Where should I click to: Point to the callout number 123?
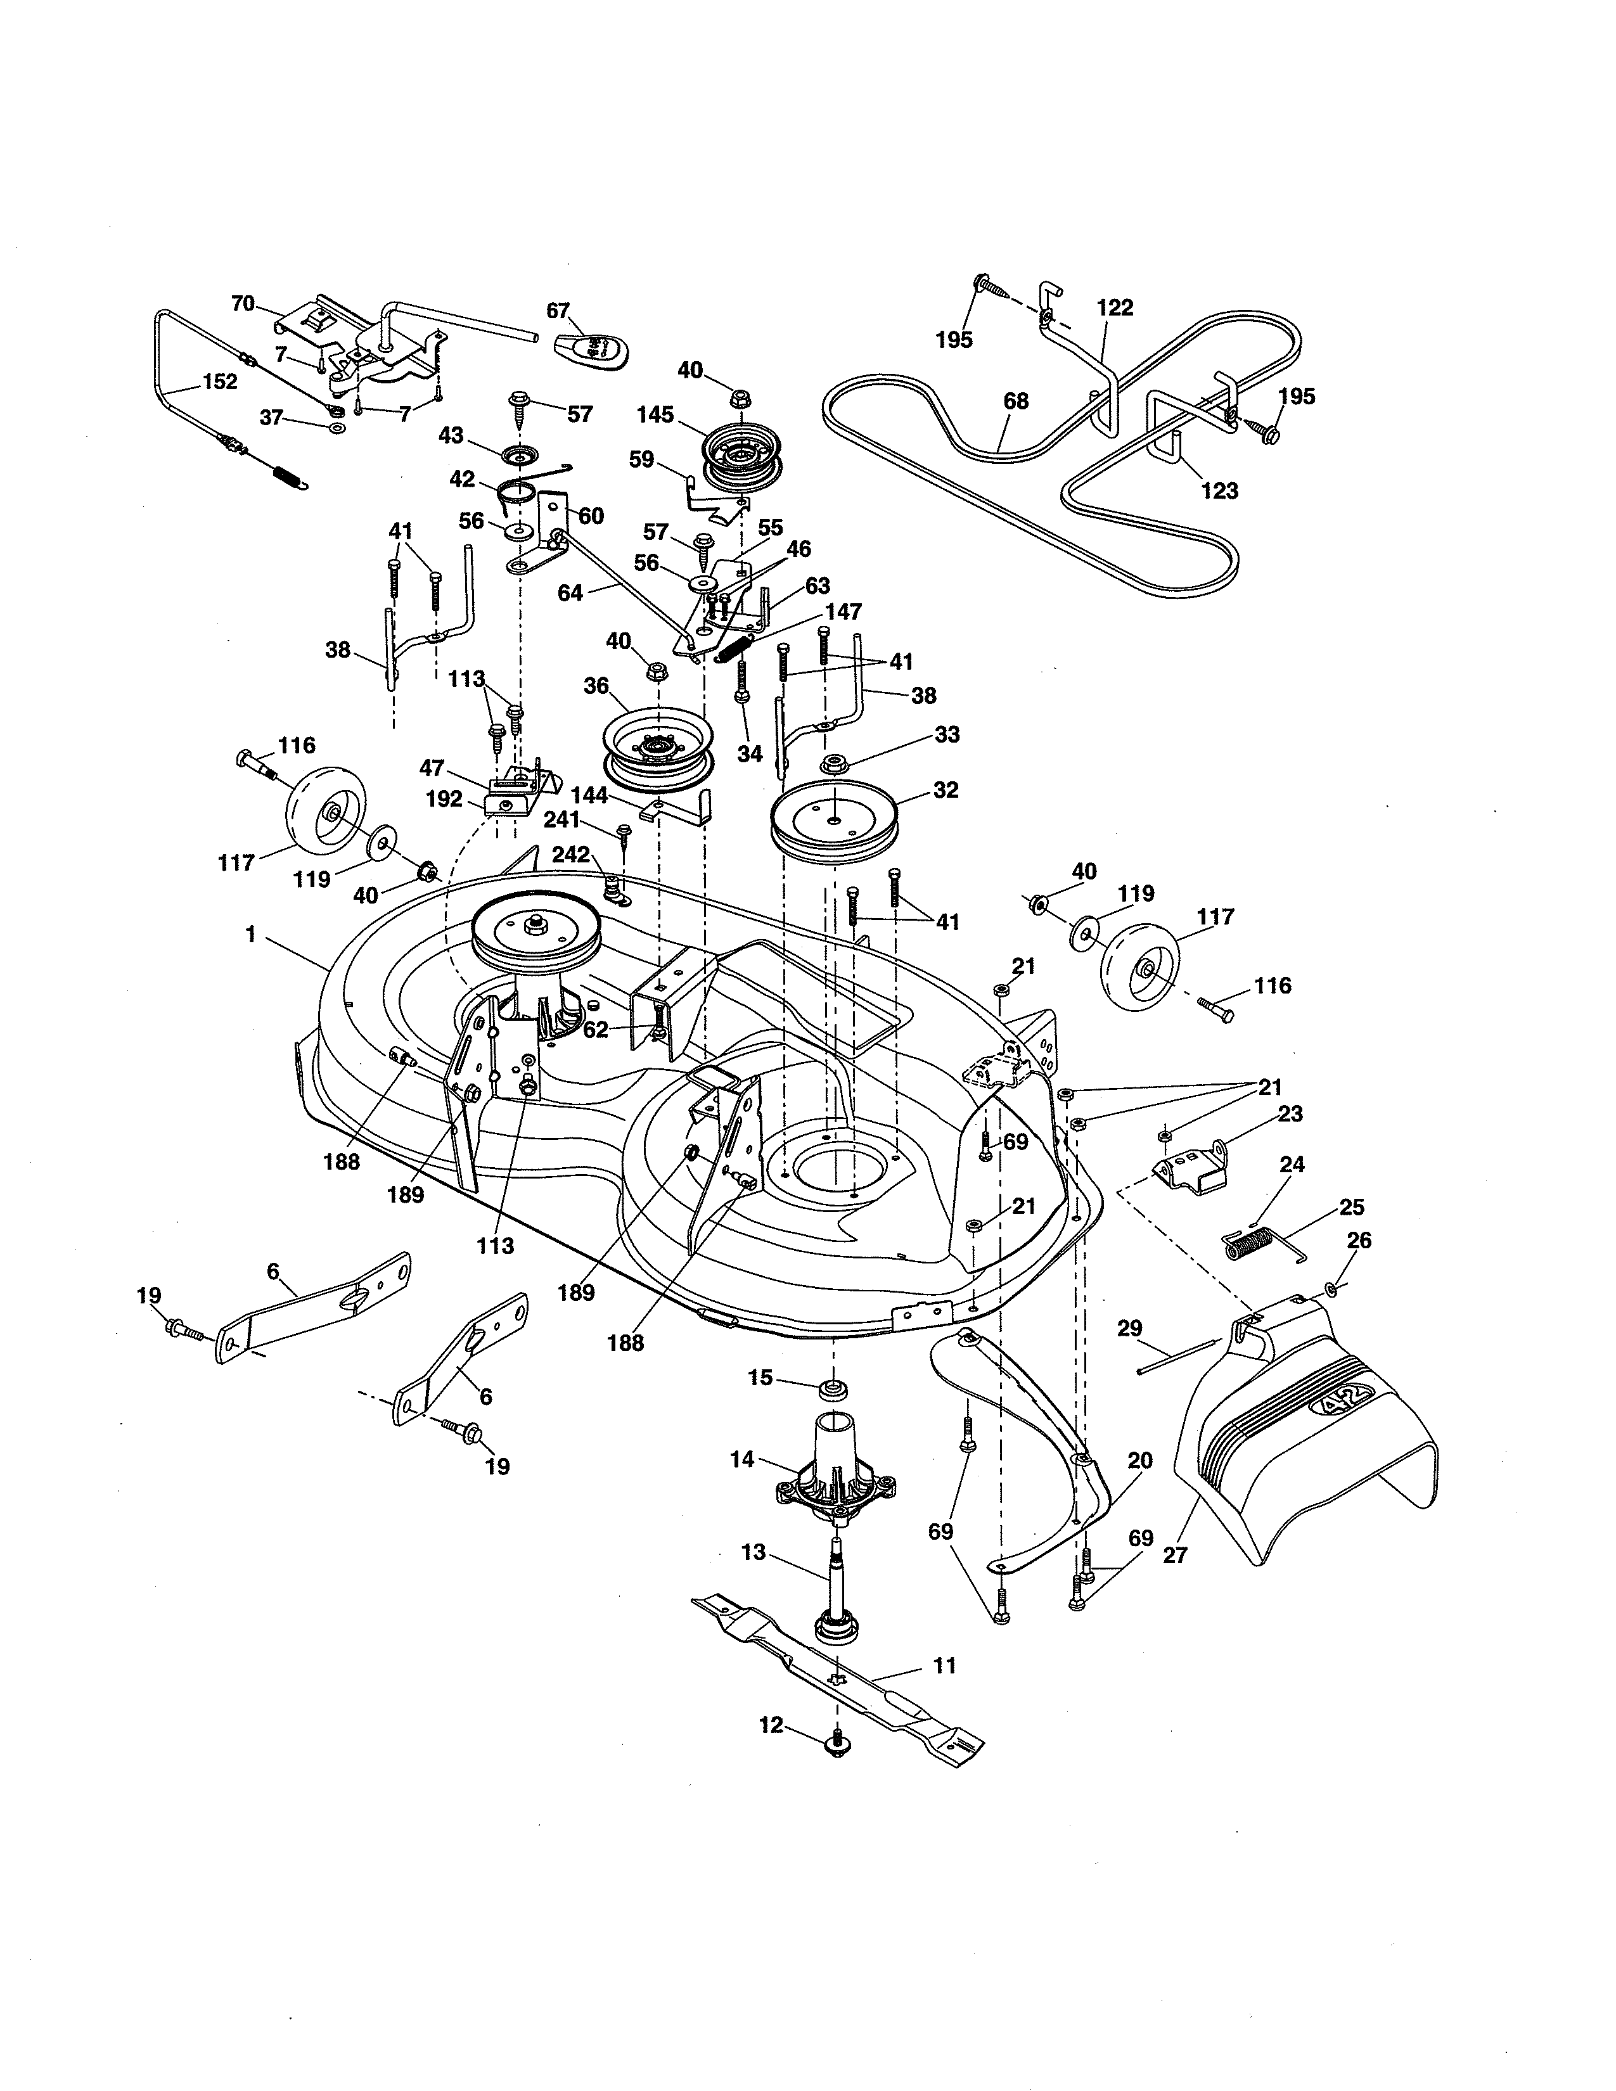(x=1219, y=491)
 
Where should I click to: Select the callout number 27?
(x=1175, y=1556)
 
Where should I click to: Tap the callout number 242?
(x=570, y=855)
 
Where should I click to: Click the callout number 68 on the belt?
(x=1016, y=401)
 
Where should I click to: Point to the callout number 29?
(x=1130, y=1328)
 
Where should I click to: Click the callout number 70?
(x=243, y=304)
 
